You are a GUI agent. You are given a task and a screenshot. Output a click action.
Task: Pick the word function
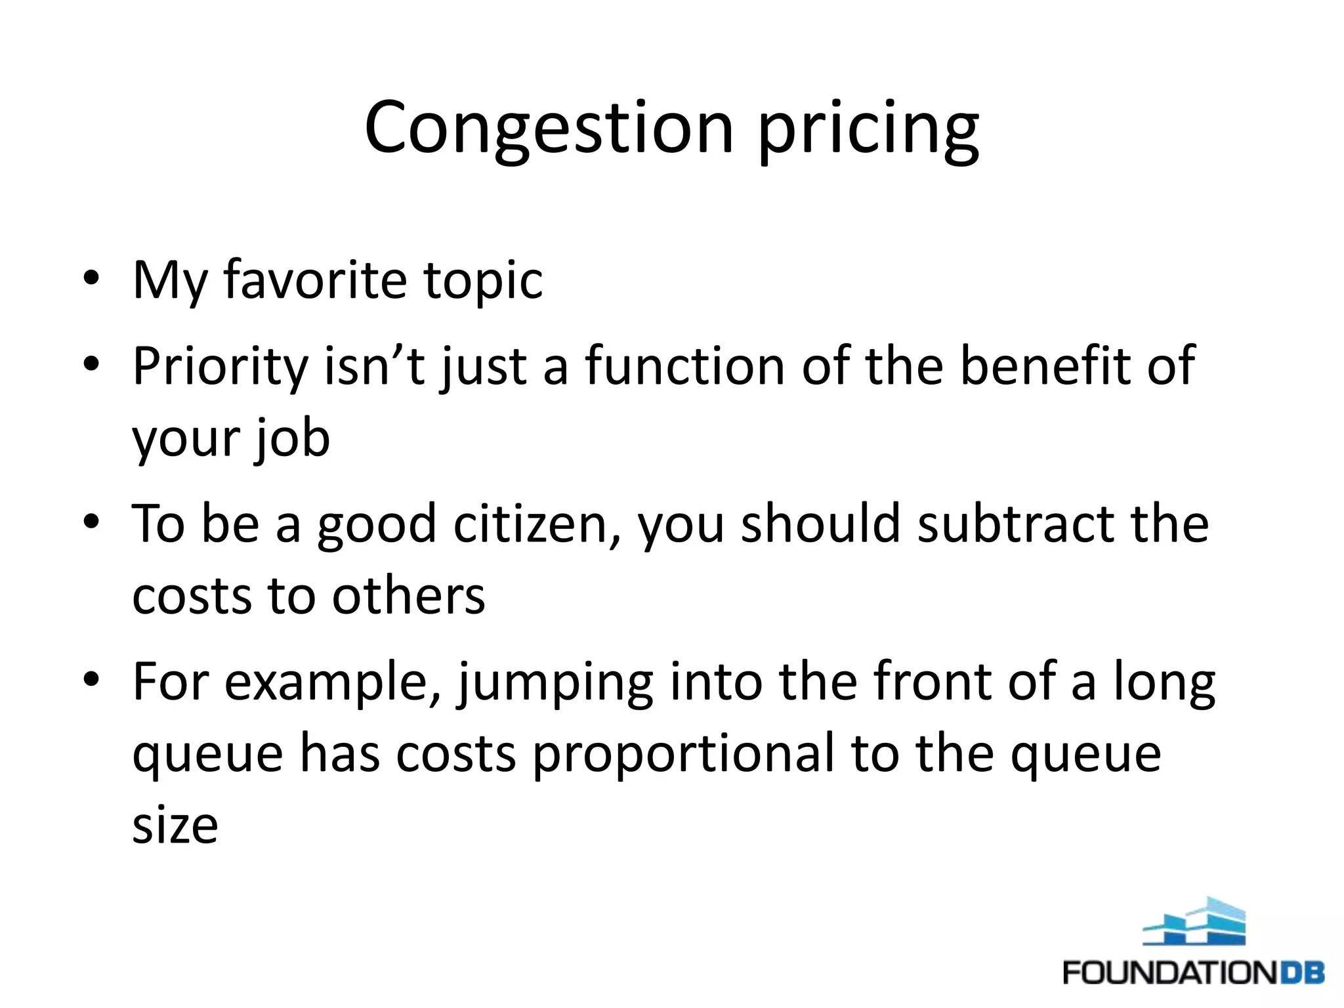[684, 366]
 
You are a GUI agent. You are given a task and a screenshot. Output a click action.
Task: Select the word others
[408, 596]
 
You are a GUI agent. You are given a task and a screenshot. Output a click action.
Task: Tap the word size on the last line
[175, 826]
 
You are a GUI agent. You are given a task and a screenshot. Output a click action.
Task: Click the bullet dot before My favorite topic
[91, 278]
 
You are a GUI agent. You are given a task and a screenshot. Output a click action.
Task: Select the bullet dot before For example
[91, 679]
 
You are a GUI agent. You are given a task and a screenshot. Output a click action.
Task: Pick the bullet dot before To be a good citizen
[91, 522]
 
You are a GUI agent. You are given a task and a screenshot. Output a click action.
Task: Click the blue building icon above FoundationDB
[1194, 922]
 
